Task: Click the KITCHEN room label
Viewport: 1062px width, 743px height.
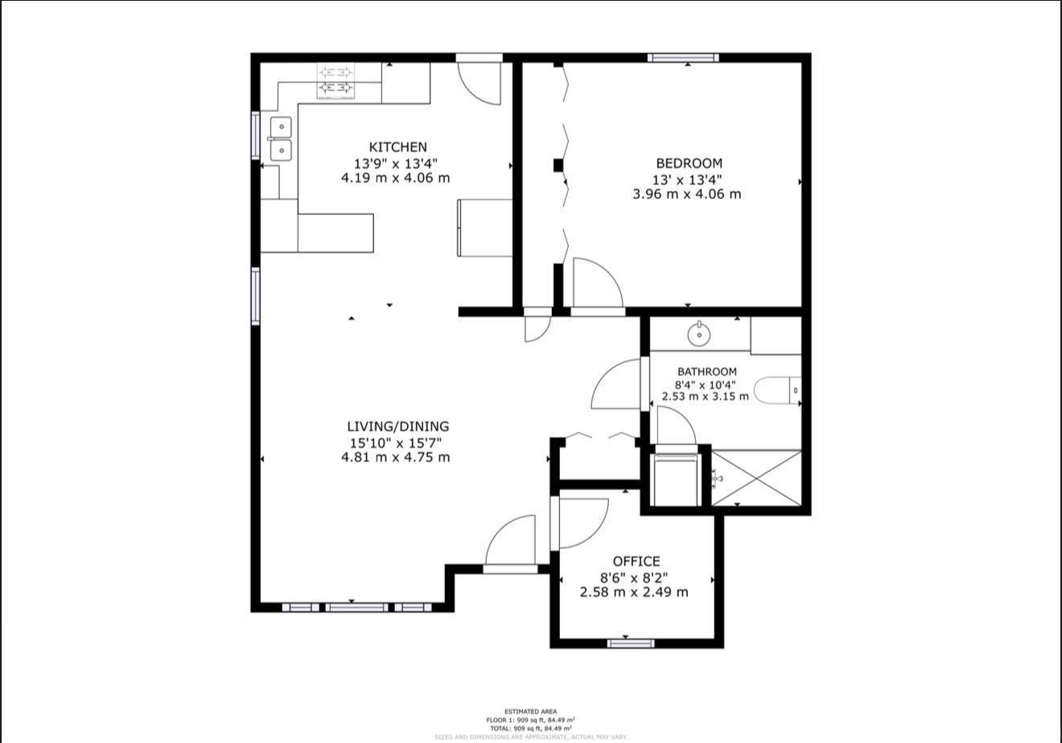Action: click(x=397, y=147)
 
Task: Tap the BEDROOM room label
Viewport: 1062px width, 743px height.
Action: click(x=689, y=163)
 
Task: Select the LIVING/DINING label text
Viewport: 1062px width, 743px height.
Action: click(x=397, y=427)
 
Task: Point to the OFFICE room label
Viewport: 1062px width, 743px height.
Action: click(x=636, y=561)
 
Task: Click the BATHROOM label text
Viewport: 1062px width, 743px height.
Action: click(x=706, y=372)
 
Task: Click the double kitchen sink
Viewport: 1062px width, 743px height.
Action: click(x=280, y=138)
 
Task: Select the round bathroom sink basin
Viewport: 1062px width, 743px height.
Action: click(x=699, y=332)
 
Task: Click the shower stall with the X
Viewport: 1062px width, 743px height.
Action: click(x=757, y=478)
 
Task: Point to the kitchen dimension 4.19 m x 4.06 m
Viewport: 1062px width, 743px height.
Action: click(x=396, y=178)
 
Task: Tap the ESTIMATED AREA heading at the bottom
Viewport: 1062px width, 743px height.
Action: click(x=530, y=712)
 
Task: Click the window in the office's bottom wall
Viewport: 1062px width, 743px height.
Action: click(x=631, y=643)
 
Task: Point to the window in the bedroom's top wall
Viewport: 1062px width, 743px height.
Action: click(x=683, y=57)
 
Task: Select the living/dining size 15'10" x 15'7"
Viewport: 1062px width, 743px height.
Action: click(x=396, y=442)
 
